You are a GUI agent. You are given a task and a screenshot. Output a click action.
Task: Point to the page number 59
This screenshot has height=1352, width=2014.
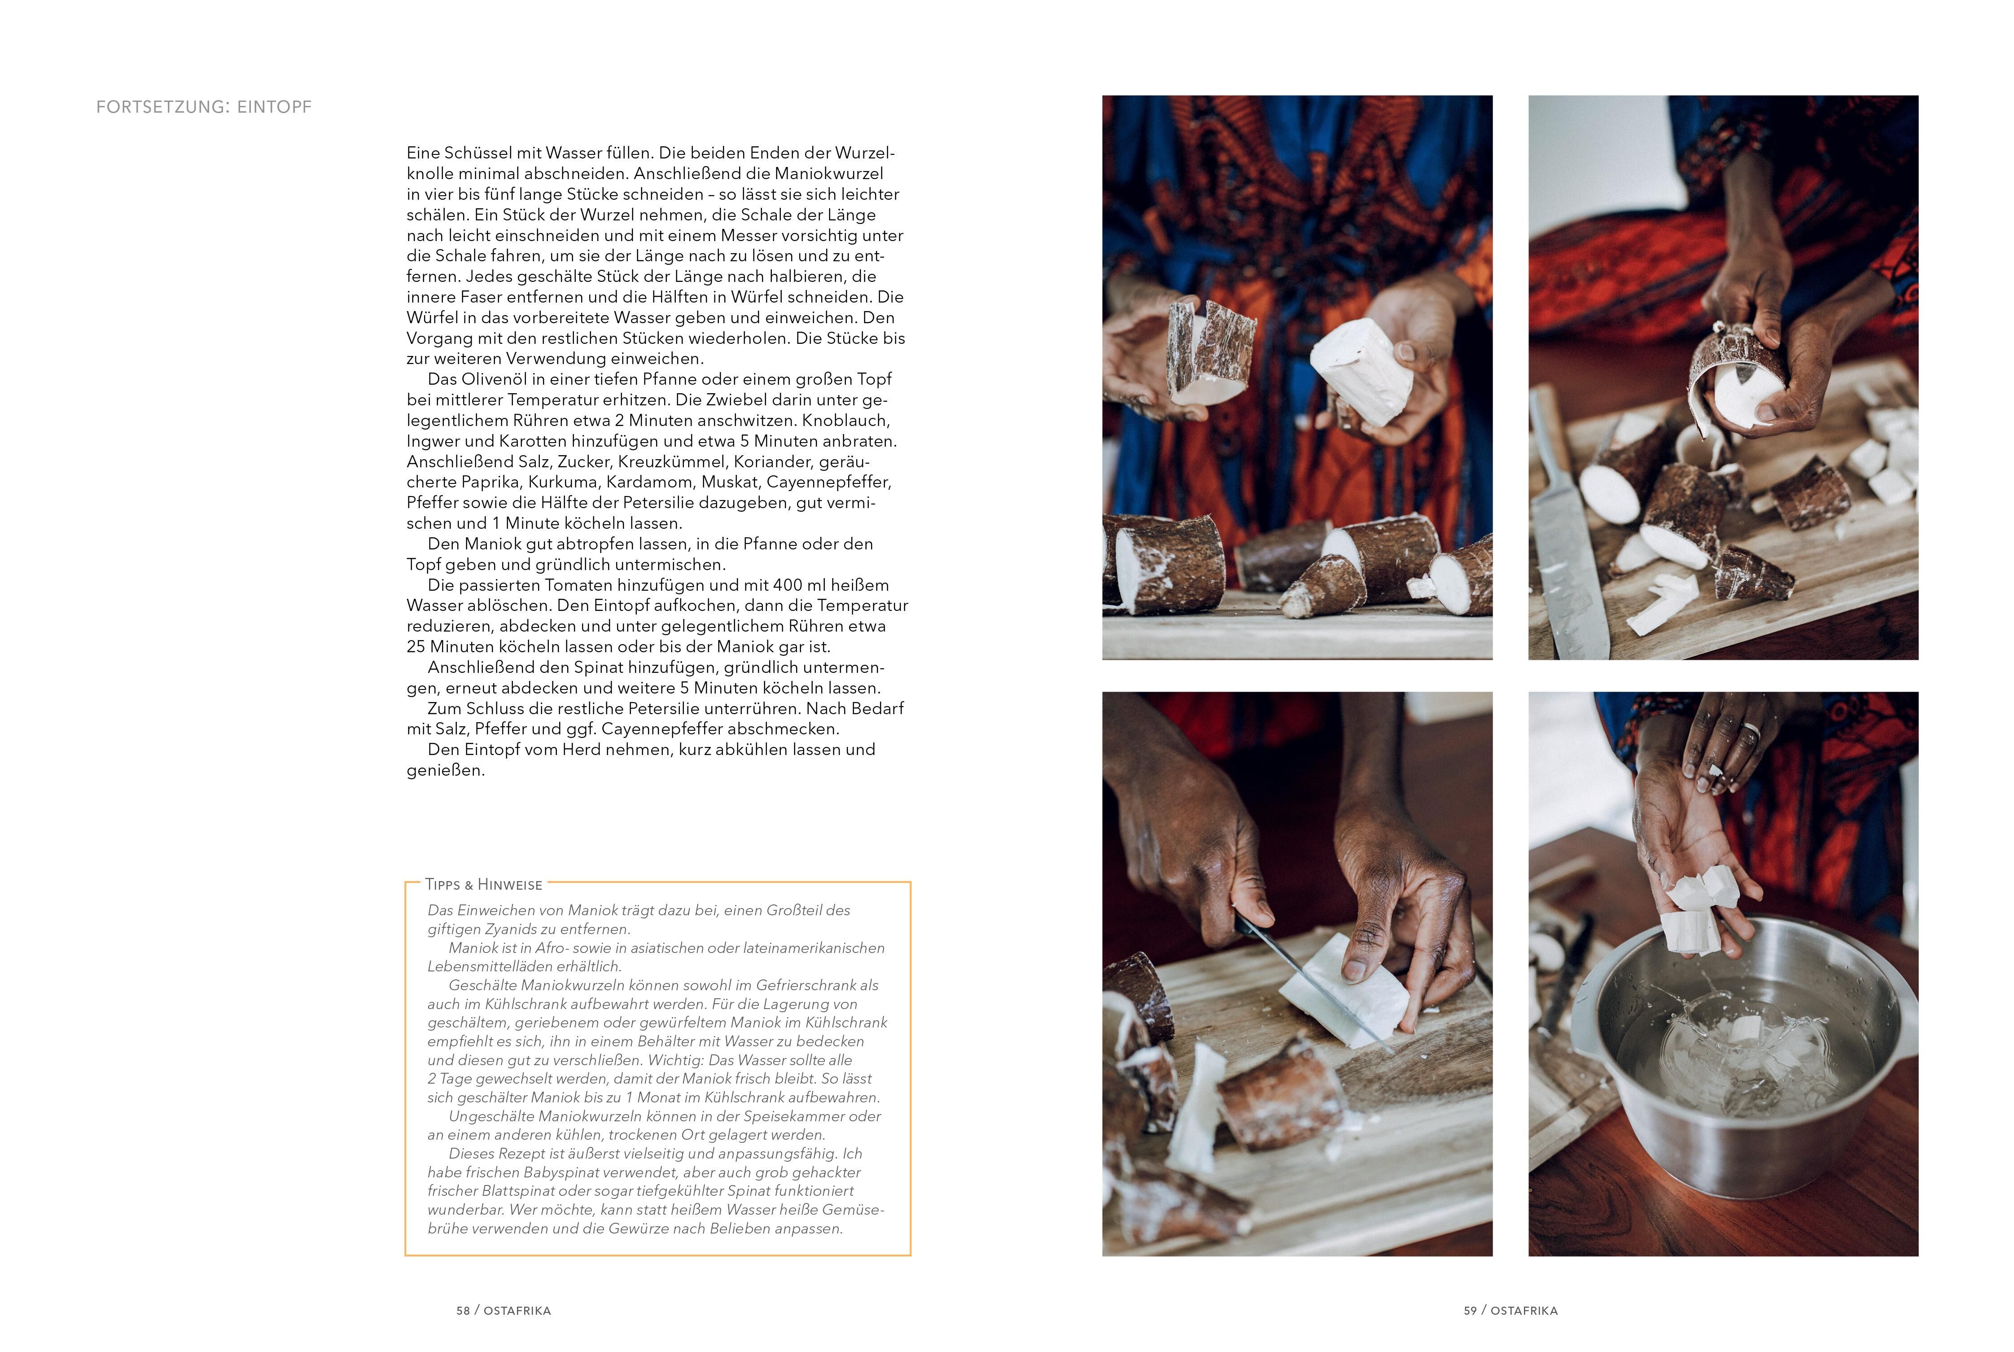coord(1470,1311)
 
